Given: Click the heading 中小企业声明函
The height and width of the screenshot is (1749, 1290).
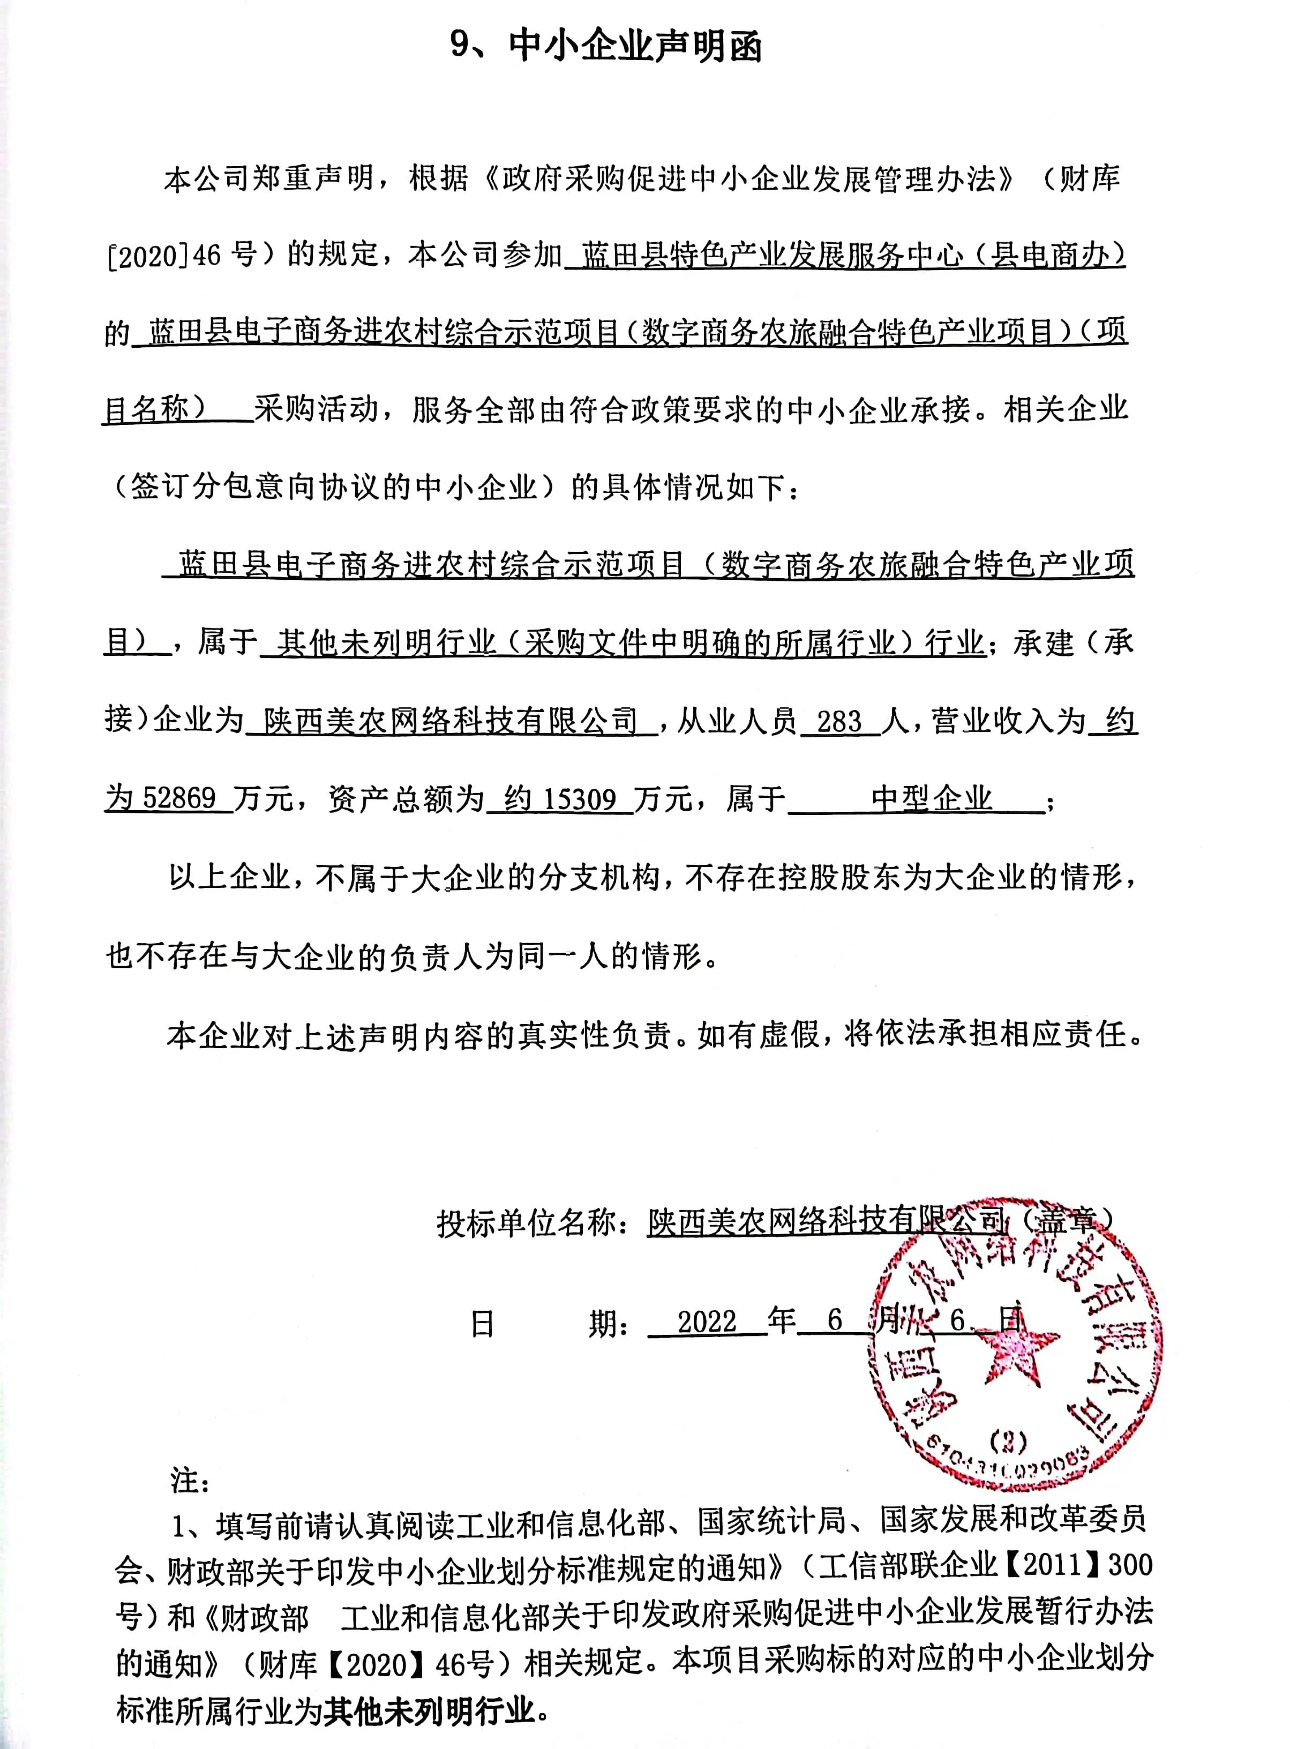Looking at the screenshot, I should pyautogui.click(x=635, y=47).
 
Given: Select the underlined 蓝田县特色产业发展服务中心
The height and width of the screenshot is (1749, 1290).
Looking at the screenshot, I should pyautogui.click(x=773, y=256).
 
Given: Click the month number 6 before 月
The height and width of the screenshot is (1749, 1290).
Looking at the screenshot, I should pyautogui.click(x=835, y=1321).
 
